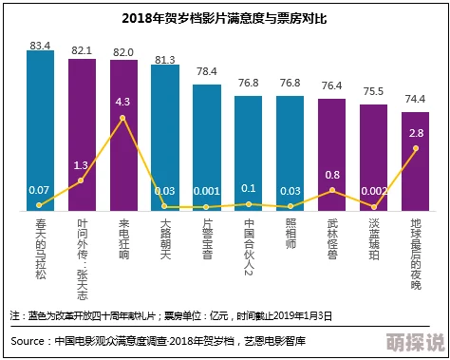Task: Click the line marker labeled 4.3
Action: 122,118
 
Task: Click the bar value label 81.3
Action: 164,60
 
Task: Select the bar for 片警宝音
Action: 206,142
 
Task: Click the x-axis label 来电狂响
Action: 122,241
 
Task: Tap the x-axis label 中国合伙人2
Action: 248,248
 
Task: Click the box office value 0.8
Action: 332,175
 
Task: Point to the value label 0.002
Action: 373,191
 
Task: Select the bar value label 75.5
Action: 373,92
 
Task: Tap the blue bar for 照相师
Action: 290,142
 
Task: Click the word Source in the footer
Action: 29,340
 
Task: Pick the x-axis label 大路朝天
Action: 164,241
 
